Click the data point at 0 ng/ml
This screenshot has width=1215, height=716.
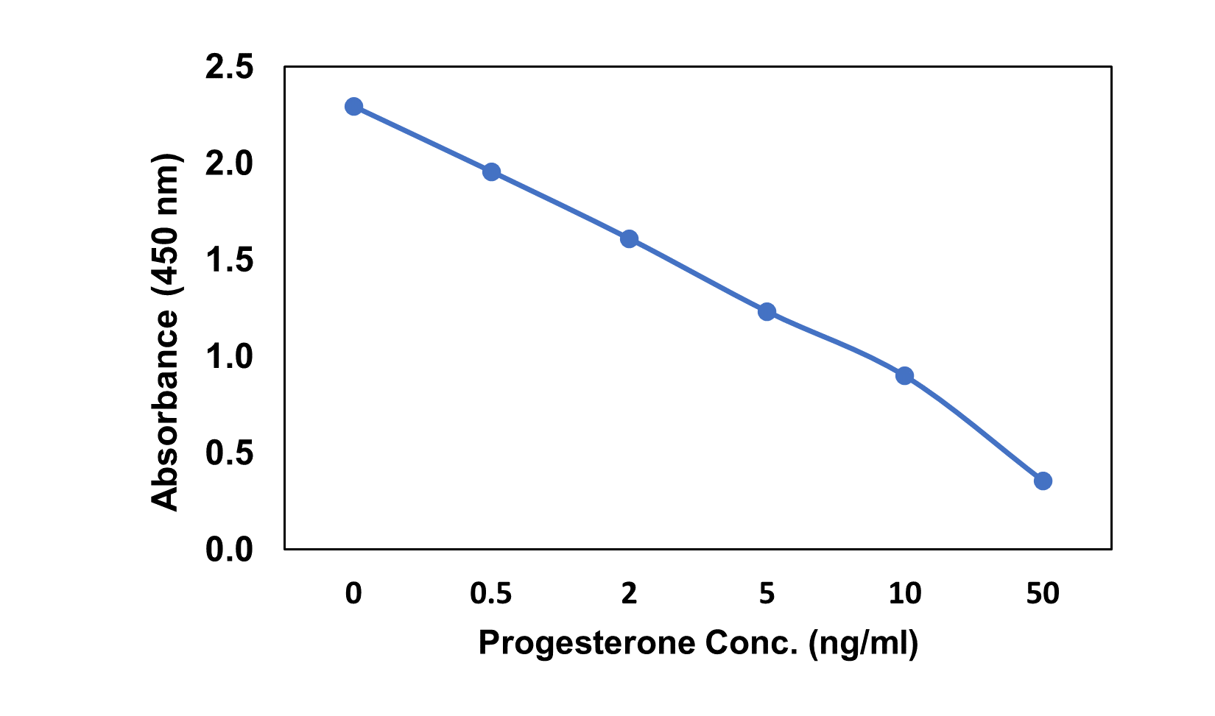click(353, 106)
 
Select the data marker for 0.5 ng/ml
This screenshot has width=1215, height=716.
click(491, 172)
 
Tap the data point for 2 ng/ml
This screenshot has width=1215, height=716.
click(629, 238)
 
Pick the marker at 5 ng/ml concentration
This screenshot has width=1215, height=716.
click(767, 312)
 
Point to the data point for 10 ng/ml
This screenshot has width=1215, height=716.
click(905, 375)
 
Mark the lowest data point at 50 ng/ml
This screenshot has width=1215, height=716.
click(1043, 481)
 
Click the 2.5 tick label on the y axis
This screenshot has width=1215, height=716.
click(229, 68)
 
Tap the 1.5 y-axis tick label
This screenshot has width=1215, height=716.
click(229, 260)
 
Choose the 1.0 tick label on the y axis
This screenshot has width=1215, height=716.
click(229, 357)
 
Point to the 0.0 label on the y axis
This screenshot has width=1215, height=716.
click(229, 550)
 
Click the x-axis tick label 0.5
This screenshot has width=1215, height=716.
click(491, 594)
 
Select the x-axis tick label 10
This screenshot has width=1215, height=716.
click(905, 594)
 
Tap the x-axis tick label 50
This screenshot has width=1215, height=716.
click(1043, 594)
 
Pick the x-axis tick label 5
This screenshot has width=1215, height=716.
click(767, 594)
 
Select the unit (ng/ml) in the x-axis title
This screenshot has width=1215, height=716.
click(863, 643)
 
